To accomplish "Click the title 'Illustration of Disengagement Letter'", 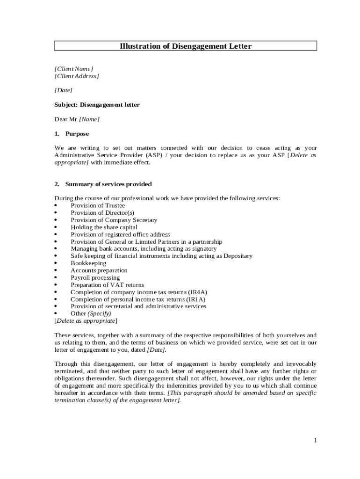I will click(x=186, y=46).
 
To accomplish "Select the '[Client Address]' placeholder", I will click(x=77, y=76).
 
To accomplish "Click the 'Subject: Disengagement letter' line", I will click(x=97, y=105).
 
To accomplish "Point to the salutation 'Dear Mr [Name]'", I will click(x=77, y=119).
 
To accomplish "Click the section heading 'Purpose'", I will click(x=77, y=134).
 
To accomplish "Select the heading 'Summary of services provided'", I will click(x=108, y=184).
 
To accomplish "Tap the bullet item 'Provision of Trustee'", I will click(x=98, y=205).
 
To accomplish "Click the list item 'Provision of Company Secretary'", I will click(x=114, y=220).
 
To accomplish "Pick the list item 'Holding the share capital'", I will click(x=104, y=227).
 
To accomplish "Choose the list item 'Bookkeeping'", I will click(x=88, y=263).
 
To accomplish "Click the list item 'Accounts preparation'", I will click(x=99, y=270).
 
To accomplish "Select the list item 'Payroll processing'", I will click(x=95, y=277).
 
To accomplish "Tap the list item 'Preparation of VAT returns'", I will click(x=107, y=285).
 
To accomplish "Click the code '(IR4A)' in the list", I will click(x=198, y=292).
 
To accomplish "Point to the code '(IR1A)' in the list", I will click(x=196, y=299).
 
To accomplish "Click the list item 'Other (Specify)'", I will click(x=91, y=313).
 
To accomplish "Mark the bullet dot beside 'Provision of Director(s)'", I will click(x=56, y=213).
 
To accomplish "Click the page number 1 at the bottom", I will click(x=316, y=440).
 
